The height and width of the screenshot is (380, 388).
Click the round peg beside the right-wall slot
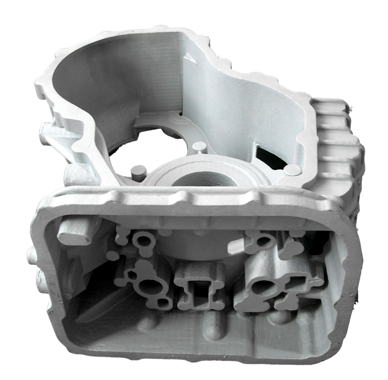click(x=292, y=169)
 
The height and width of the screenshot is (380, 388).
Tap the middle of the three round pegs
click(x=198, y=147)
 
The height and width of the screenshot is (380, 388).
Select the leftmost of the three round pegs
click(x=139, y=171)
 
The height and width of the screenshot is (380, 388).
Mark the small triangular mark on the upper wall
click(x=191, y=56)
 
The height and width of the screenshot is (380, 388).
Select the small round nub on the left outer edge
click(x=32, y=255)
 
